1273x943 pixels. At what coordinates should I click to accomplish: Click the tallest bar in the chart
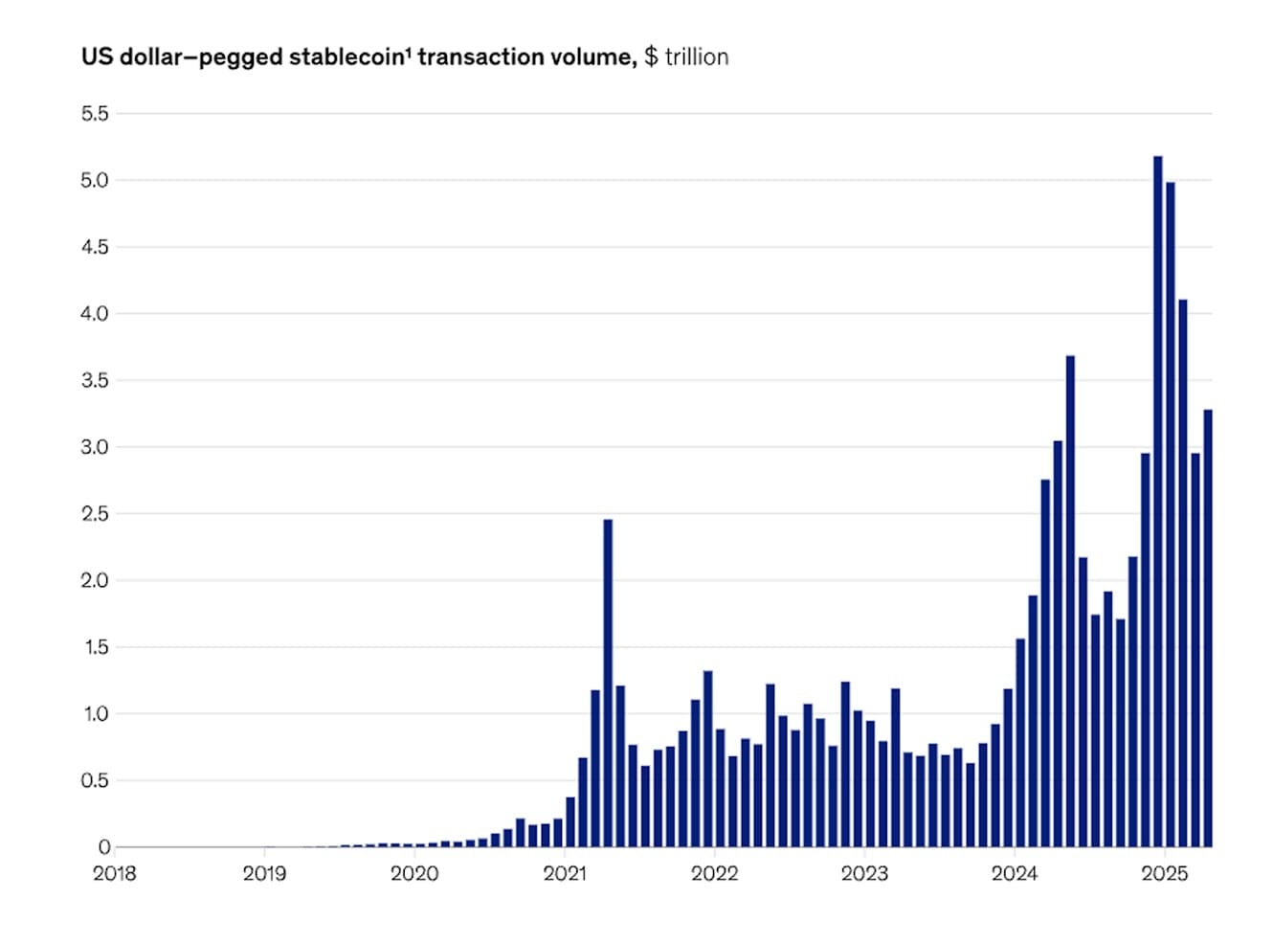coord(1158,498)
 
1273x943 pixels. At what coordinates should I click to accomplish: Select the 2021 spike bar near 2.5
coord(608,680)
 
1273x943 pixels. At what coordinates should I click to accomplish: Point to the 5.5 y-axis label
coord(95,114)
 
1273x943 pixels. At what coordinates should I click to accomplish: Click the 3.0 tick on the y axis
coord(95,447)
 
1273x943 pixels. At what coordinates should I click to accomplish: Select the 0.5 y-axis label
coord(95,780)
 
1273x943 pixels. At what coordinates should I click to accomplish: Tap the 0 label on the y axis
coord(104,847)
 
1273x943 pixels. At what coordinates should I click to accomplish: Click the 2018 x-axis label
coord(114,873)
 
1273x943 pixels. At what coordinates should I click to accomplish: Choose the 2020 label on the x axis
coord(414,873)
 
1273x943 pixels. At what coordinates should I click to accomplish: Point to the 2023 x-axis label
coord(864,873)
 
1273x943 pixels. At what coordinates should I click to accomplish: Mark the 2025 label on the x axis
coord(1165,873)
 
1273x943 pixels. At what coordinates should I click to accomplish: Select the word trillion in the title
coord(697,57)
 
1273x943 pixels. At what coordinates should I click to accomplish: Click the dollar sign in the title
coord(651,57)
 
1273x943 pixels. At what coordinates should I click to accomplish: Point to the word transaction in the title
coord(480,57)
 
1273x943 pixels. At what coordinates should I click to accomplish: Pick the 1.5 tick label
coord(95,647)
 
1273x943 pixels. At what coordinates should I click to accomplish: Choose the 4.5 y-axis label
coord(95,247)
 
